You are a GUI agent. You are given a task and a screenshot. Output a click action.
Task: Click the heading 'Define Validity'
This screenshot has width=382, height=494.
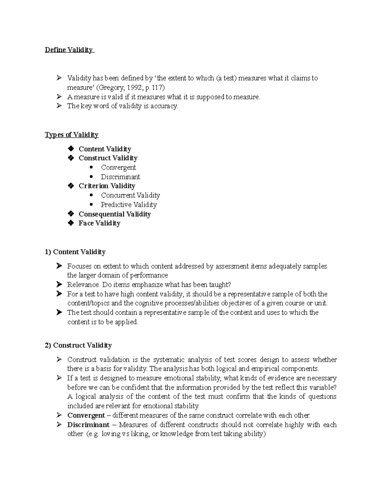point(69,50)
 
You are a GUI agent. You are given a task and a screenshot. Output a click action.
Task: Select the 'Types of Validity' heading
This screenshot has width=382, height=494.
point(72,135)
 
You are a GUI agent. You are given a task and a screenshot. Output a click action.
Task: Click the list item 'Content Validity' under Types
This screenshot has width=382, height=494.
point(105,149)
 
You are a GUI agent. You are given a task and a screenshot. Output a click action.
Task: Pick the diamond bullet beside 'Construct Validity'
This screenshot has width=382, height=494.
point(71,158)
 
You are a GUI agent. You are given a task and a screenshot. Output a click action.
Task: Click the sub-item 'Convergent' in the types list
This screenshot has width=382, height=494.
point(118,168)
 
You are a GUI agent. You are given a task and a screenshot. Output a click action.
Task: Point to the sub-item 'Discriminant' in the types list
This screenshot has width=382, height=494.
point(120,177)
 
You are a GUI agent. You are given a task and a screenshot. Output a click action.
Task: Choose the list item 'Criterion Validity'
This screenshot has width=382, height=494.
point(107,186)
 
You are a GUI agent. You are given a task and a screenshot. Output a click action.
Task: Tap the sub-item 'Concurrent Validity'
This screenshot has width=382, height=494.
point(130,195)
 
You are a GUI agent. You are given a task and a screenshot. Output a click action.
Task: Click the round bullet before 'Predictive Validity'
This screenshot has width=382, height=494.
point(92,205)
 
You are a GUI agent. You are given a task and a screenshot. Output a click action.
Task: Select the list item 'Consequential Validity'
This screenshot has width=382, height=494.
point(115,214)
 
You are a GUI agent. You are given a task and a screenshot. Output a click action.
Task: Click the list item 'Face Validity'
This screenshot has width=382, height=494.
point(99,223)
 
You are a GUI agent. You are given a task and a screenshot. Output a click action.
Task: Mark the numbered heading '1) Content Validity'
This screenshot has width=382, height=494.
point(75,252)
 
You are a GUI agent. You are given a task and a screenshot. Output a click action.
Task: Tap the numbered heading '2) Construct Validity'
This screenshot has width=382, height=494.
point(78,345)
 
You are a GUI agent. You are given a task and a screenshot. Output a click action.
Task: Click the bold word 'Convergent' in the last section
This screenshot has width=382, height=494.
point(86,415)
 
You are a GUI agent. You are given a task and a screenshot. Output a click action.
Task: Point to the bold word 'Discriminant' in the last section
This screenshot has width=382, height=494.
point(88,425)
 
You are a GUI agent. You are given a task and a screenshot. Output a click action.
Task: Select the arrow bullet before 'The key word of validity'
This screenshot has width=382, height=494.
point(59,106)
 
